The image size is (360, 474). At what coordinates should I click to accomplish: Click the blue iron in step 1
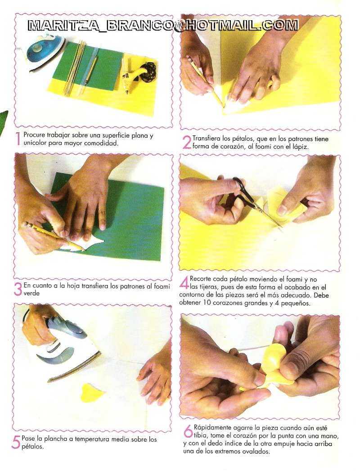point(45,52)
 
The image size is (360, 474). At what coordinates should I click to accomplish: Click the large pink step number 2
point(187,143)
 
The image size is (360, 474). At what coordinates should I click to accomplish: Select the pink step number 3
point(18,289)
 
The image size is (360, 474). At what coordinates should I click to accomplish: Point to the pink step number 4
point(184,283)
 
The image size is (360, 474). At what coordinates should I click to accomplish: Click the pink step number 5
point(16,442)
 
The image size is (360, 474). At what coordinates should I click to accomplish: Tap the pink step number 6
point(188,431)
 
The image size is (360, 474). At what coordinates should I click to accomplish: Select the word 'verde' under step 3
point(31,293)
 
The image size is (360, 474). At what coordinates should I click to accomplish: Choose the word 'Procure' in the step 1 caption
point(35,135)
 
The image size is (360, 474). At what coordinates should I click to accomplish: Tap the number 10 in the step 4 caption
point(216,303)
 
